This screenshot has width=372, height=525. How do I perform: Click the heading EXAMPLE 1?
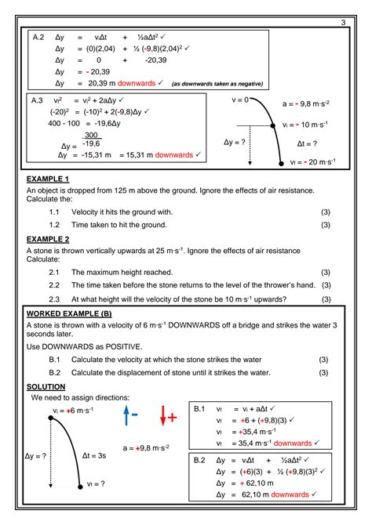coord(49,179)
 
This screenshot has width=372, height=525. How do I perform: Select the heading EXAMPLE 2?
coord(49,238)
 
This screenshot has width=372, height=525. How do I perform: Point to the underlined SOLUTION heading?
coord(46,386)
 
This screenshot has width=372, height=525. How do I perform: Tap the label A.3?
coord(36,100)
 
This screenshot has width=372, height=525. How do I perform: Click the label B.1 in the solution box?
coord(199,408)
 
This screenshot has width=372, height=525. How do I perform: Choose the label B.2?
coord(199,460)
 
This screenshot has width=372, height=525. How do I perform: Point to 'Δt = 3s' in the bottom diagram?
coord(94,454)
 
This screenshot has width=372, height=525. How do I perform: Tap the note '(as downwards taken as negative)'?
coord(217,83)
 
